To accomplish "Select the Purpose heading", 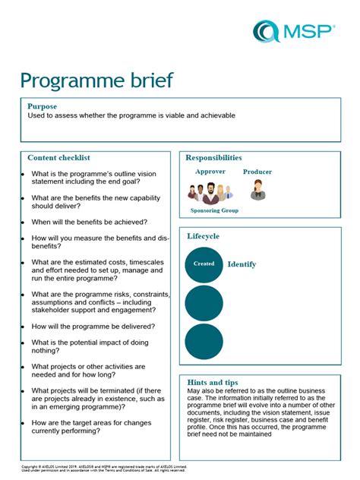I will [x=42, y=106].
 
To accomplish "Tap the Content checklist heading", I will [x=58, y=157].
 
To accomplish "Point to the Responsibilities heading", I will [x=214, y=157].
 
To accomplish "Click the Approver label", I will [x=210, y=172].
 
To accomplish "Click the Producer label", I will [x=257, y=172].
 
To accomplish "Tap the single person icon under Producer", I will [x=257, y=190].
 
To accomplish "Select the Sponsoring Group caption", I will [x=214, y=210].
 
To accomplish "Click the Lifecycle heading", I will [x=203, y=236].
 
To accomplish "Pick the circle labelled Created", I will [x=204, y=264].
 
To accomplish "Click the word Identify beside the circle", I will [x=242, y=264].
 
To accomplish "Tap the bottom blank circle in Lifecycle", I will [x=204, y=341].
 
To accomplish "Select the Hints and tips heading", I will [x=212, y=382].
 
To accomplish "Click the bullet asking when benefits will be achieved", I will [x=89, y=222].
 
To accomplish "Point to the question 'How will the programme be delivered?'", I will [x=93, y=326].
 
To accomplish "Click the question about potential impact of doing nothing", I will [x=90, y=346].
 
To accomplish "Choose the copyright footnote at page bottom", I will [x=103, y=468].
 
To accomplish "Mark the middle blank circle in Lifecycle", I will [x=204, y=303].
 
